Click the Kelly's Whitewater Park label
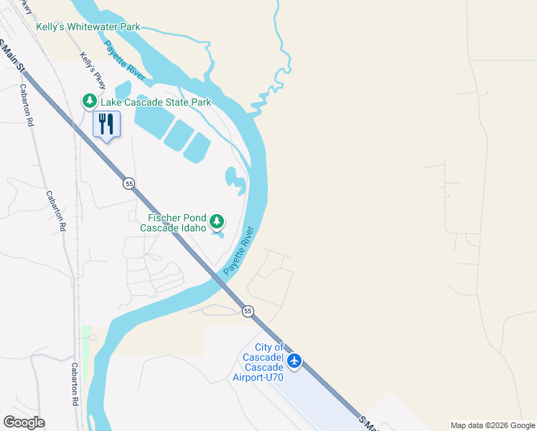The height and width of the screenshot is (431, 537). [88, 27]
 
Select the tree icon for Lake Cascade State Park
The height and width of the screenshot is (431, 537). [90, 102]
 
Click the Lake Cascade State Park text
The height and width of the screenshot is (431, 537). [156, 102]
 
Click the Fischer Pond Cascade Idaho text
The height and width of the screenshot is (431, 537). [177, 223]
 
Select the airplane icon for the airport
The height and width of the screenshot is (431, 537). [294, 360]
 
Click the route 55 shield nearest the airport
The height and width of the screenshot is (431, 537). [248, 310]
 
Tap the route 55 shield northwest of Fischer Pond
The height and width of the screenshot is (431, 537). [129, 183]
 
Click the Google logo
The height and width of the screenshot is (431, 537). [24, 422]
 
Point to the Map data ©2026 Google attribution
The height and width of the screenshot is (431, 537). [492, 425]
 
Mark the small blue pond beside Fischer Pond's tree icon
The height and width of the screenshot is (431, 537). [219, 234]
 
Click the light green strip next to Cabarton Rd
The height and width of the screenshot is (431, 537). [86, 352]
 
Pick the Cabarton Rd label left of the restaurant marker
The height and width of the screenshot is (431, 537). [28, 111]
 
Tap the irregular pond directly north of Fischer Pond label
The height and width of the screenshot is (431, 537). [235, 180]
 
